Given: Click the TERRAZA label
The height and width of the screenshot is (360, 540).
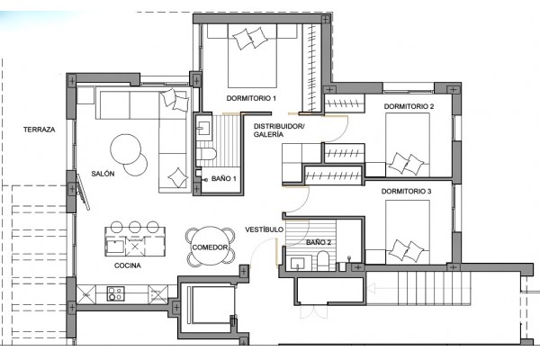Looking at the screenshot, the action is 40,130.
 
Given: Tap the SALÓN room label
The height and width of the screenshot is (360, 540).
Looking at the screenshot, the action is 103,174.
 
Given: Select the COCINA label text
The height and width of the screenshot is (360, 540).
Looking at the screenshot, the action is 128,265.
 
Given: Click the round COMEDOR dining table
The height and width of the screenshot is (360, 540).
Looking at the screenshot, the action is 210,246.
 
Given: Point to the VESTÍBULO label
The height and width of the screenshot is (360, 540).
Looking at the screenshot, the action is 264,229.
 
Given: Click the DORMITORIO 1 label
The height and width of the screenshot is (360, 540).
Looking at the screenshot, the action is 251,98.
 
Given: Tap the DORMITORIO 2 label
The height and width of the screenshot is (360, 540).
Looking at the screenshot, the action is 409,106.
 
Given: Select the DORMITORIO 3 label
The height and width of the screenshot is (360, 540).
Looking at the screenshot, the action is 406,191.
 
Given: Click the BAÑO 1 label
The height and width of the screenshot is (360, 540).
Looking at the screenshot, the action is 224,178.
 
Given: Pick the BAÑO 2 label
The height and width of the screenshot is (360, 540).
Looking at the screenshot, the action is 319,242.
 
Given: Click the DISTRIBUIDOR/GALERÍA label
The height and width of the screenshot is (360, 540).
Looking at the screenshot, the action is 279,130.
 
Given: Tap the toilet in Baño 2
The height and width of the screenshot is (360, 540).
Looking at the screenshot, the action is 323,260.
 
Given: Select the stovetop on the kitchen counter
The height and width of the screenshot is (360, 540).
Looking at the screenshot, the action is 115,294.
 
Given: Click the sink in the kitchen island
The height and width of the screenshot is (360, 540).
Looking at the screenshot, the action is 115,247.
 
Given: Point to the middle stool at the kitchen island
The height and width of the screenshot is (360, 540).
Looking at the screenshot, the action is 135,227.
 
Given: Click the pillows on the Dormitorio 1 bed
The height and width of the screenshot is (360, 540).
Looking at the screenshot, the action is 250,39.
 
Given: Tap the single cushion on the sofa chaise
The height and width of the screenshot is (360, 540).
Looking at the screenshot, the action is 178,177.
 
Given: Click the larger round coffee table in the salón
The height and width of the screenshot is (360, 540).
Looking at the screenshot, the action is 126,149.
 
